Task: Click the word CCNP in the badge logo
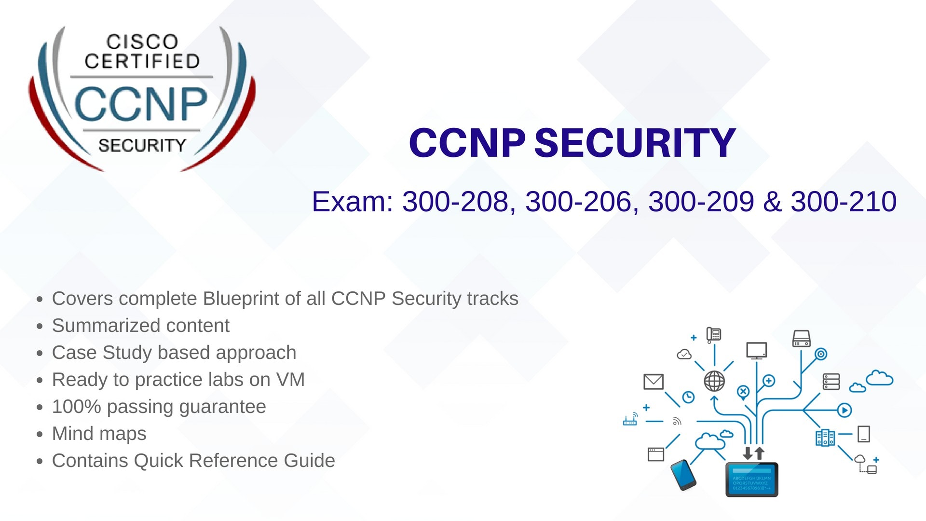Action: (141, 104)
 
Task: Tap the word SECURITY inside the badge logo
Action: (142, 145)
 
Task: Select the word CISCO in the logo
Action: (142, 42)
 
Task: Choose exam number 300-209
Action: (701, 202)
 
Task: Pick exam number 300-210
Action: (844, 202)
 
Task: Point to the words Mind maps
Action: (99, 434)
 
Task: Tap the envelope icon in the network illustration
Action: (654, 382)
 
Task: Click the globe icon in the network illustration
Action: (714, 381)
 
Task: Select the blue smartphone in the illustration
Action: (683, 475)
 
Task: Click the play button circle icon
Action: (844, 411)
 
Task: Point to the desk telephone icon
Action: (713, 334)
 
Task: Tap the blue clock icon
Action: (688, 397)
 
